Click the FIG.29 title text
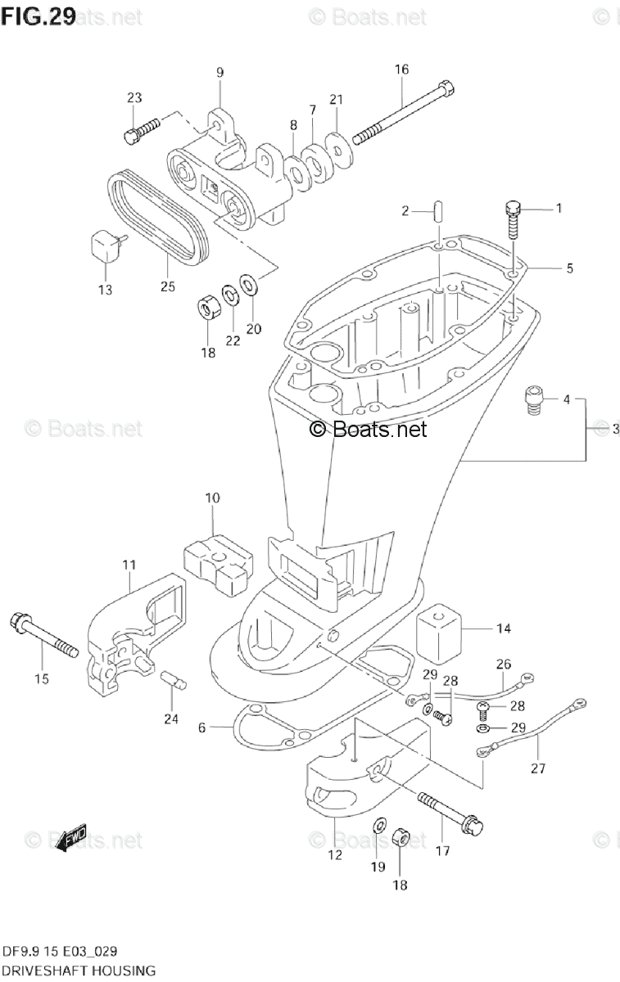[39, 16]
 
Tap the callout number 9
[219, 73]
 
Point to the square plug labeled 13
[106, 245]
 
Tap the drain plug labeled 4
[533, 401]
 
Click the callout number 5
[568, 267]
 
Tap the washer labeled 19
[379, 823]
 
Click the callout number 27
[537, 768]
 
